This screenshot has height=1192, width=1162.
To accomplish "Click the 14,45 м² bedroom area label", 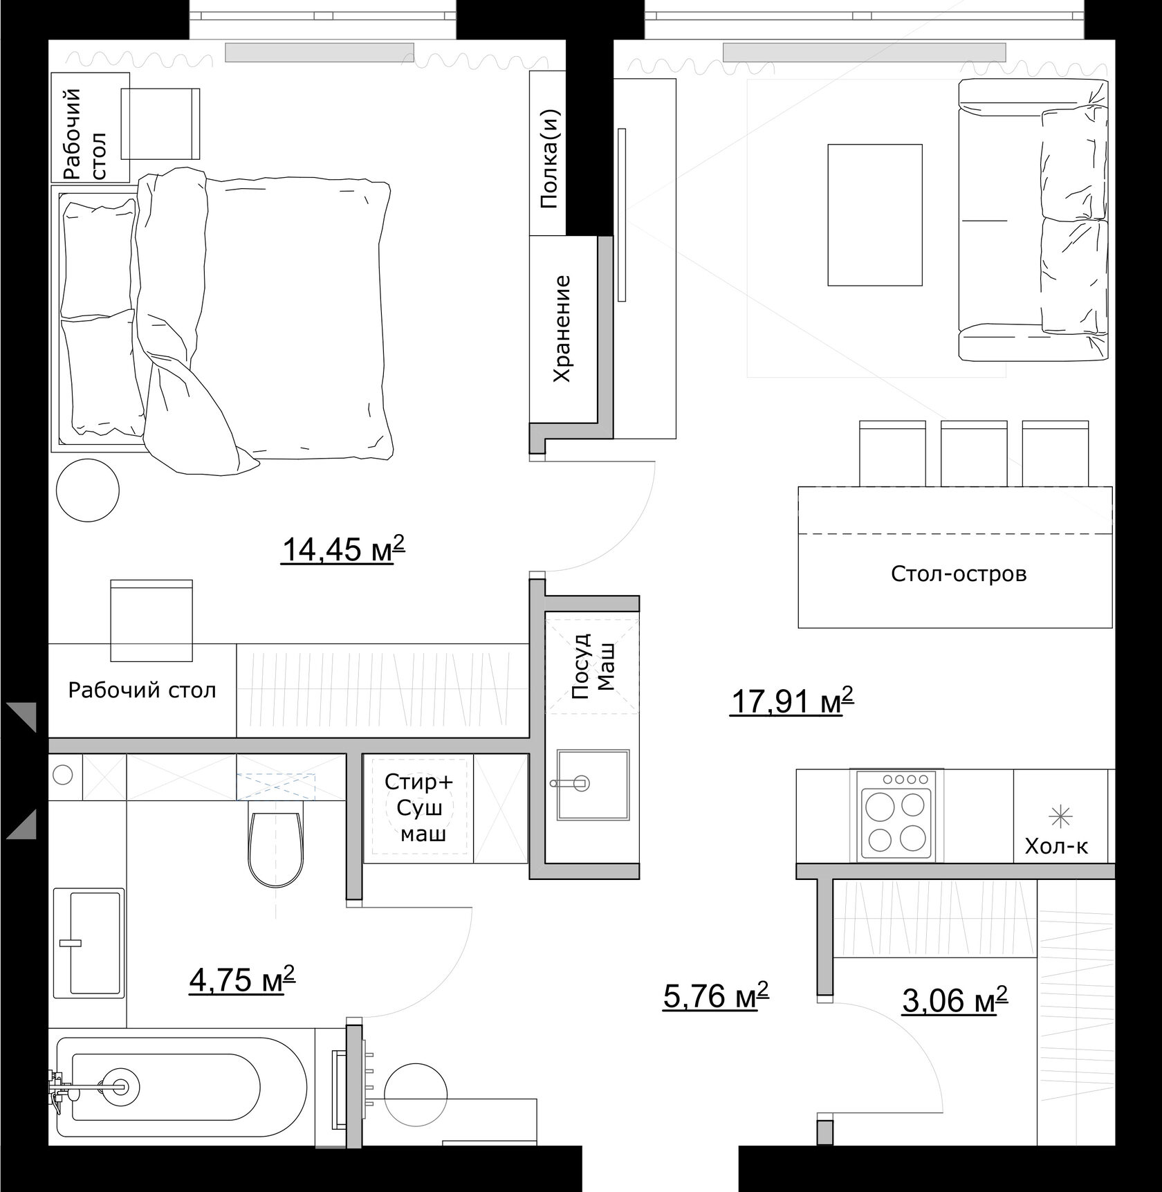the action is point(342,551).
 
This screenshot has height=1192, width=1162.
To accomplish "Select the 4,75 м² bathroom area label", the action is point(242,980).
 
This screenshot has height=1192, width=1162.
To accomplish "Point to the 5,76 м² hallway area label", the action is point(716,996).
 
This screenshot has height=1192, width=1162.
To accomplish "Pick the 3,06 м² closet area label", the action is point(954,1000).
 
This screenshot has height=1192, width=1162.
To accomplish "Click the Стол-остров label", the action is point(959,574).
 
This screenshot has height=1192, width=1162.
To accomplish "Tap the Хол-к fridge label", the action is point(1056,847).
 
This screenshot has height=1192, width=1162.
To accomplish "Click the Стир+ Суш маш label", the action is point(419,808).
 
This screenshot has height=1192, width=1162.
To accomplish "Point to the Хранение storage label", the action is point(562,329).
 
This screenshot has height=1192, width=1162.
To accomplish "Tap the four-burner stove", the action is point(896,816).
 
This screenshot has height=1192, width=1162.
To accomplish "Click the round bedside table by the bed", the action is point(87,490).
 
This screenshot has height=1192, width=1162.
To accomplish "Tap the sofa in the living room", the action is point(1033,220).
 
